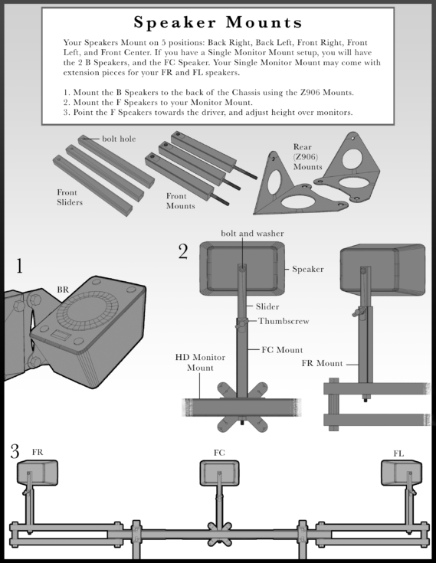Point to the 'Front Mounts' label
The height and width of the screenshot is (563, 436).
tap(181, 201)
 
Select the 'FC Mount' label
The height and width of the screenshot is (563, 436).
tap(282, 349)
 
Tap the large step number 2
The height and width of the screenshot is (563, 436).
tap(183, 251)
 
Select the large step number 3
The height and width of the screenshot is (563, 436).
tap(15, 450)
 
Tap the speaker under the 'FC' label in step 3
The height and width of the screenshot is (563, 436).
tap(220, 472)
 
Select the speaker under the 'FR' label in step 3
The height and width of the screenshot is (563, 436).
tap(36, 472)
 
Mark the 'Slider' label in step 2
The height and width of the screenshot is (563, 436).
tap(267, 306)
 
